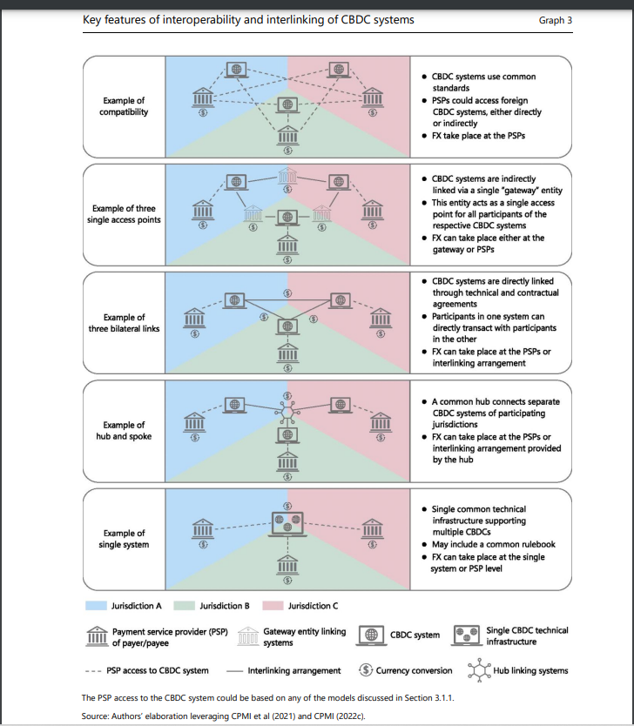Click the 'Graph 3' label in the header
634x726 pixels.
pyautogui.click(x=556, y=20)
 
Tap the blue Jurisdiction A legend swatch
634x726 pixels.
pyautogui.click(x=96, y=606)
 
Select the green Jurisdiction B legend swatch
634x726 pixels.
pyautogui.click(x=184, y=606)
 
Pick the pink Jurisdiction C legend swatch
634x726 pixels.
pyautogui.click(x=273, y=606)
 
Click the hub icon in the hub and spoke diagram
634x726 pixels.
pyautogui.click(x=287, y=411)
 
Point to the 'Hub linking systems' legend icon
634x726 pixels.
pyautogui.click(x=479, y=670)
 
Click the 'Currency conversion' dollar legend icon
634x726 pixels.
pyautogui.click(x=366, y=669)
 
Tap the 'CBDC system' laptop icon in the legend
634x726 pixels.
pyautogui.click(x=371, y=635)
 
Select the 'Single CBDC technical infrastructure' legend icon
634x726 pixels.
pyautogui.click(x=467, y=635)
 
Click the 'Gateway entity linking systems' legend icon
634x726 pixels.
pyautogui.click(x=247, y=635)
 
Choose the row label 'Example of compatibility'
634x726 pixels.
pyautogui.click(x=124, y=106)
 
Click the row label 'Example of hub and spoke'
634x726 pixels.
pyautogui.click(x=124, y=431)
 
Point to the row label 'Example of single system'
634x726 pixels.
pyautogui.click(x=124, y=539)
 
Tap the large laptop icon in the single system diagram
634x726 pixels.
pyautogui.click(x=287, y=524)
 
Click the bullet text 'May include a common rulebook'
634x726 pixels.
pyautogui.click(x=494, y=545)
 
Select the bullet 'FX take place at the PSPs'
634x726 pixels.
pyautogui.click(x=478, y=136)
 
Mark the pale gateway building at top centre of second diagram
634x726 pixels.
pyautogui.click(x=287, y=177)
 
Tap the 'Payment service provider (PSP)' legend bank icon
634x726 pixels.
pyautogui.click(x=98, y=635)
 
